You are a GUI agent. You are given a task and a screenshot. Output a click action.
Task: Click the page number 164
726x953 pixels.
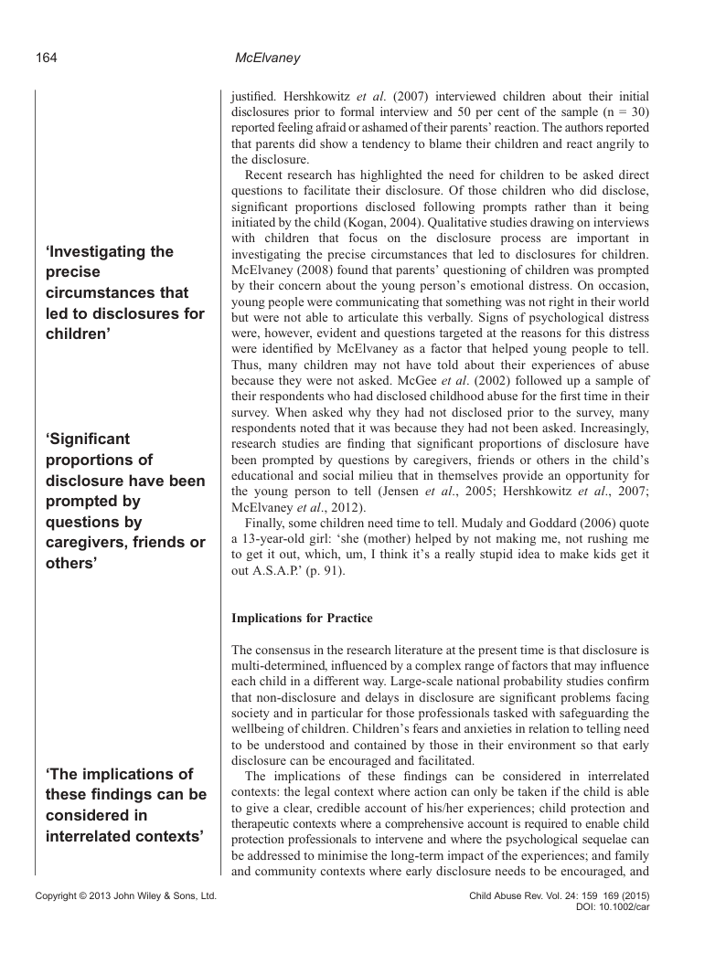click(46, 58)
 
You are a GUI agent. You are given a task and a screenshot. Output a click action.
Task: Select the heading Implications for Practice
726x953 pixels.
click(302, 619)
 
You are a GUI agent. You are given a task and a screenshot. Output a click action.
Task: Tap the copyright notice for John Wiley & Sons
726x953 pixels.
click(125, 897)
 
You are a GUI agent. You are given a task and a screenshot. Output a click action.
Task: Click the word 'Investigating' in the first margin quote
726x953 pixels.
click(109, 251)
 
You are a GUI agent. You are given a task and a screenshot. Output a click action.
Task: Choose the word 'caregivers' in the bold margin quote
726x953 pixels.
click(87, 544)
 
